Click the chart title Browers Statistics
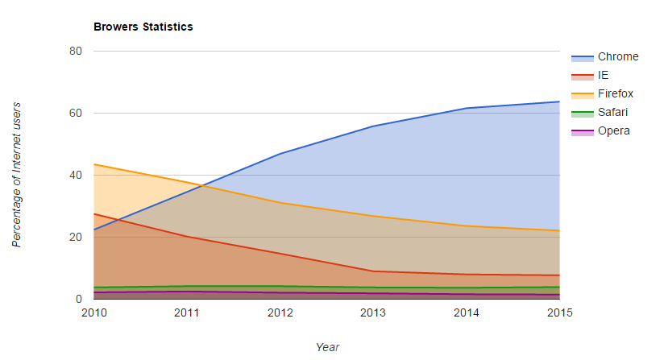click(143, 27)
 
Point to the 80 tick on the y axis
click(76, 51)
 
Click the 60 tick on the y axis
click(76, 113)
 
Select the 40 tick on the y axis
click(76, 175)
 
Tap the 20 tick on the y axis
click(76, 237)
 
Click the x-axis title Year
click(327, 347)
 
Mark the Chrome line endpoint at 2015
click(559, 101)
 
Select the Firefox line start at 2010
click(94, 164)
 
